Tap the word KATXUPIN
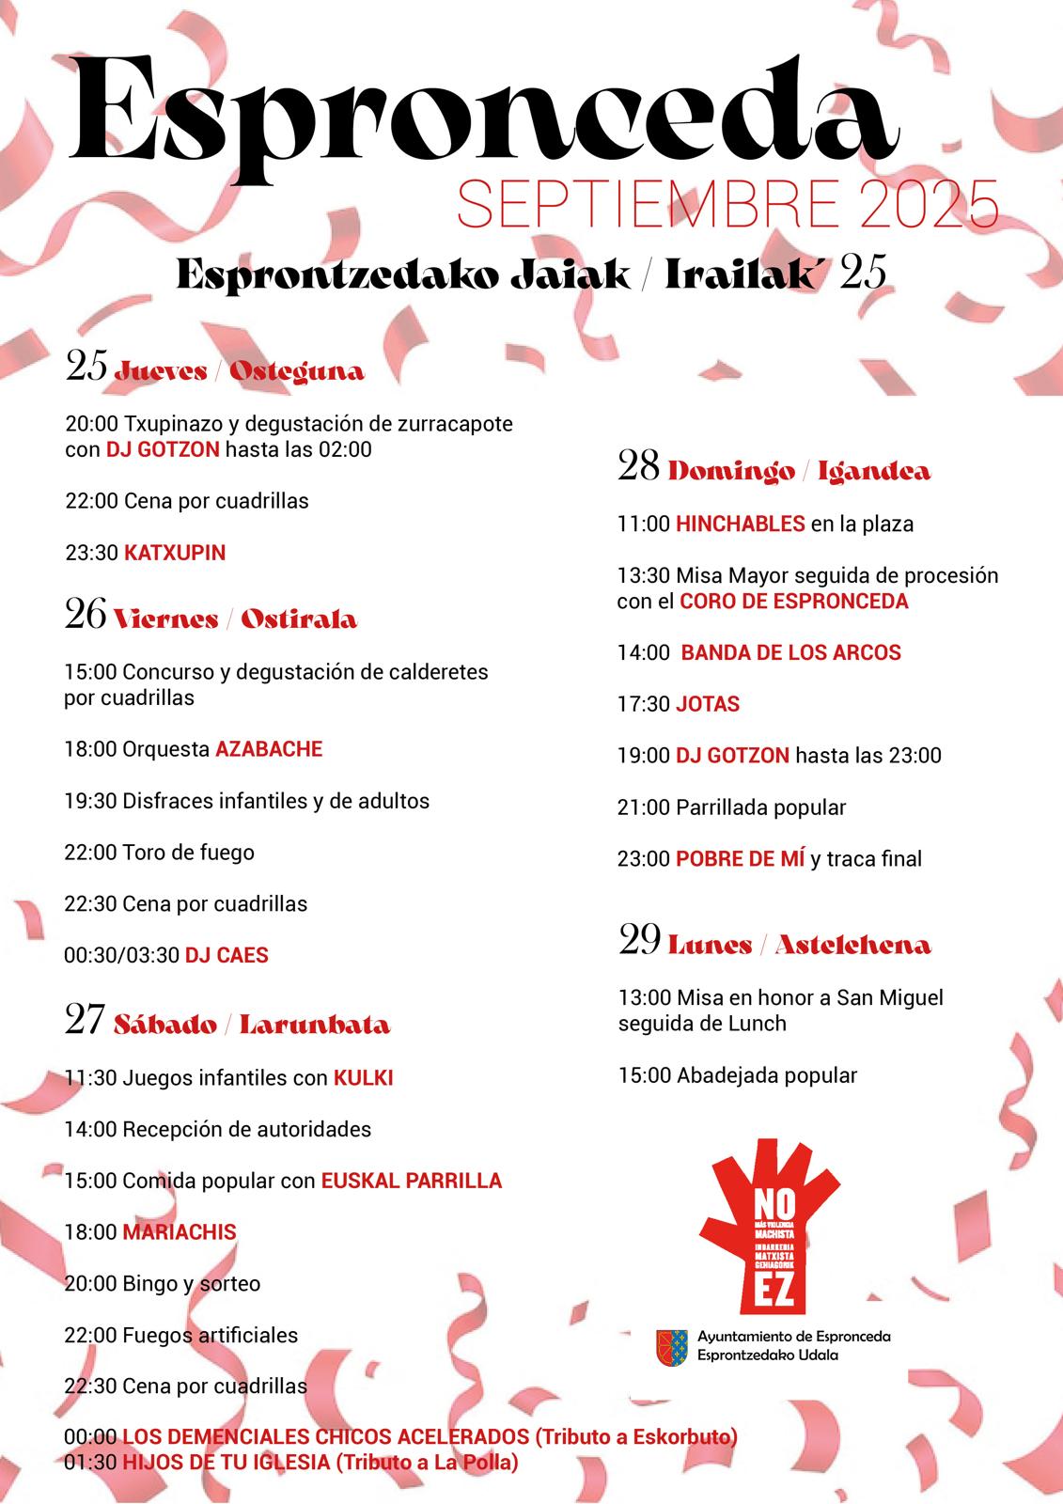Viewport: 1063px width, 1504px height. click(x=175, y=553)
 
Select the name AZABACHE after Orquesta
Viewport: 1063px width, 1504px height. click(x=269, y=749)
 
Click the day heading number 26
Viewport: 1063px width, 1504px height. click(x=85, y=615)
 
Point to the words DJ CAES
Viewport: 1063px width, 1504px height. click(x=227, y=955)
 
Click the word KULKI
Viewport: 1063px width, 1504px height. click(x=363, y=1077)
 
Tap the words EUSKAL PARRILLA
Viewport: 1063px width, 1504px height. click(x=412, y=1181)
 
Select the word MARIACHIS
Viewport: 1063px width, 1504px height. click(x=180, y=1231)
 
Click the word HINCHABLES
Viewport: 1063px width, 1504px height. click(x=740, y=524)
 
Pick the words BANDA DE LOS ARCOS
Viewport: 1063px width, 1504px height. click(x=790, y=652)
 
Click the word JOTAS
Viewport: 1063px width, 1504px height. click(x=708, y=704)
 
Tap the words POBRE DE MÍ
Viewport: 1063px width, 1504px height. click(x=740, y=858)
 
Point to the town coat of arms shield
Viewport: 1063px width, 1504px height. click(x=671, y=1347)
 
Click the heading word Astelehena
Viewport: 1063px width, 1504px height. click(x=852, y=945)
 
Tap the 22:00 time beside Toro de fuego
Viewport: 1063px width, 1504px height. click(x=90, y=853)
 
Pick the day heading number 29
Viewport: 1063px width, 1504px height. click(x=639, y=941)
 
